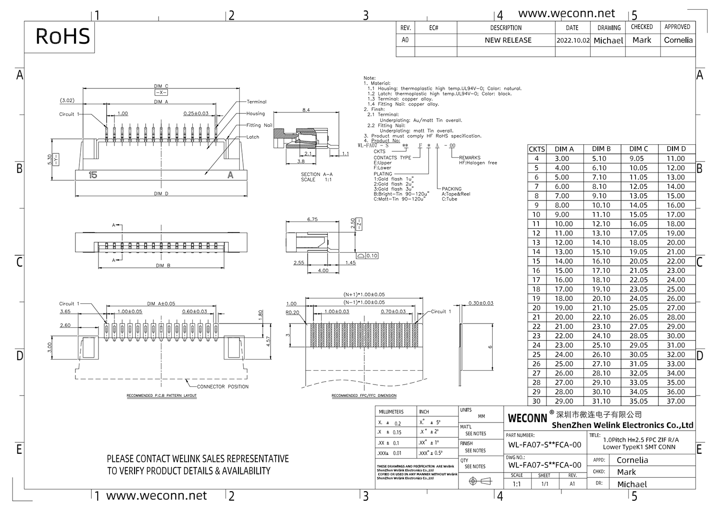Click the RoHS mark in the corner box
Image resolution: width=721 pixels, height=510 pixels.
pos(62,37)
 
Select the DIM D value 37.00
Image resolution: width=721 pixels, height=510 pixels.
pos(675,401)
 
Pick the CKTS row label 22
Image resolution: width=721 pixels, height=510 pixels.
pos(536,326)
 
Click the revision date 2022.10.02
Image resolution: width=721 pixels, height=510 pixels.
pos(572,40)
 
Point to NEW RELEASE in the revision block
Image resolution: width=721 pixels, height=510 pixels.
pos(508,40)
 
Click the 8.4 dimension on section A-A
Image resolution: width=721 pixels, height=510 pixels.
pos(306,110)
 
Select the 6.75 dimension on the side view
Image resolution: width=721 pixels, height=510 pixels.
pos(312,219)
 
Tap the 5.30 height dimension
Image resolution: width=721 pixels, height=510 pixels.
pos(50,160)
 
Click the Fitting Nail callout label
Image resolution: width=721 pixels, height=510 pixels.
pos(259,125)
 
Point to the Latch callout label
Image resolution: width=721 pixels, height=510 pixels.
pos(253,137)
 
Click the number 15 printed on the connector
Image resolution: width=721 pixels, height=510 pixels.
pos(93,175)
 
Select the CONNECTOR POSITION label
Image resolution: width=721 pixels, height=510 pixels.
pos(223,386)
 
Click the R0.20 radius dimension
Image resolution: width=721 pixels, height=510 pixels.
pos(292,312)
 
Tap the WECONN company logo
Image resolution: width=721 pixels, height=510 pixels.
pos(527,418)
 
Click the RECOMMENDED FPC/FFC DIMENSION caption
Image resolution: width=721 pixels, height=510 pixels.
pos(364,396)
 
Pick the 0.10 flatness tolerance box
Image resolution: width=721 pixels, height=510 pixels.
pos(372,256)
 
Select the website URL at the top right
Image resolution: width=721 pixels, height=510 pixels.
pos(566,13)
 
